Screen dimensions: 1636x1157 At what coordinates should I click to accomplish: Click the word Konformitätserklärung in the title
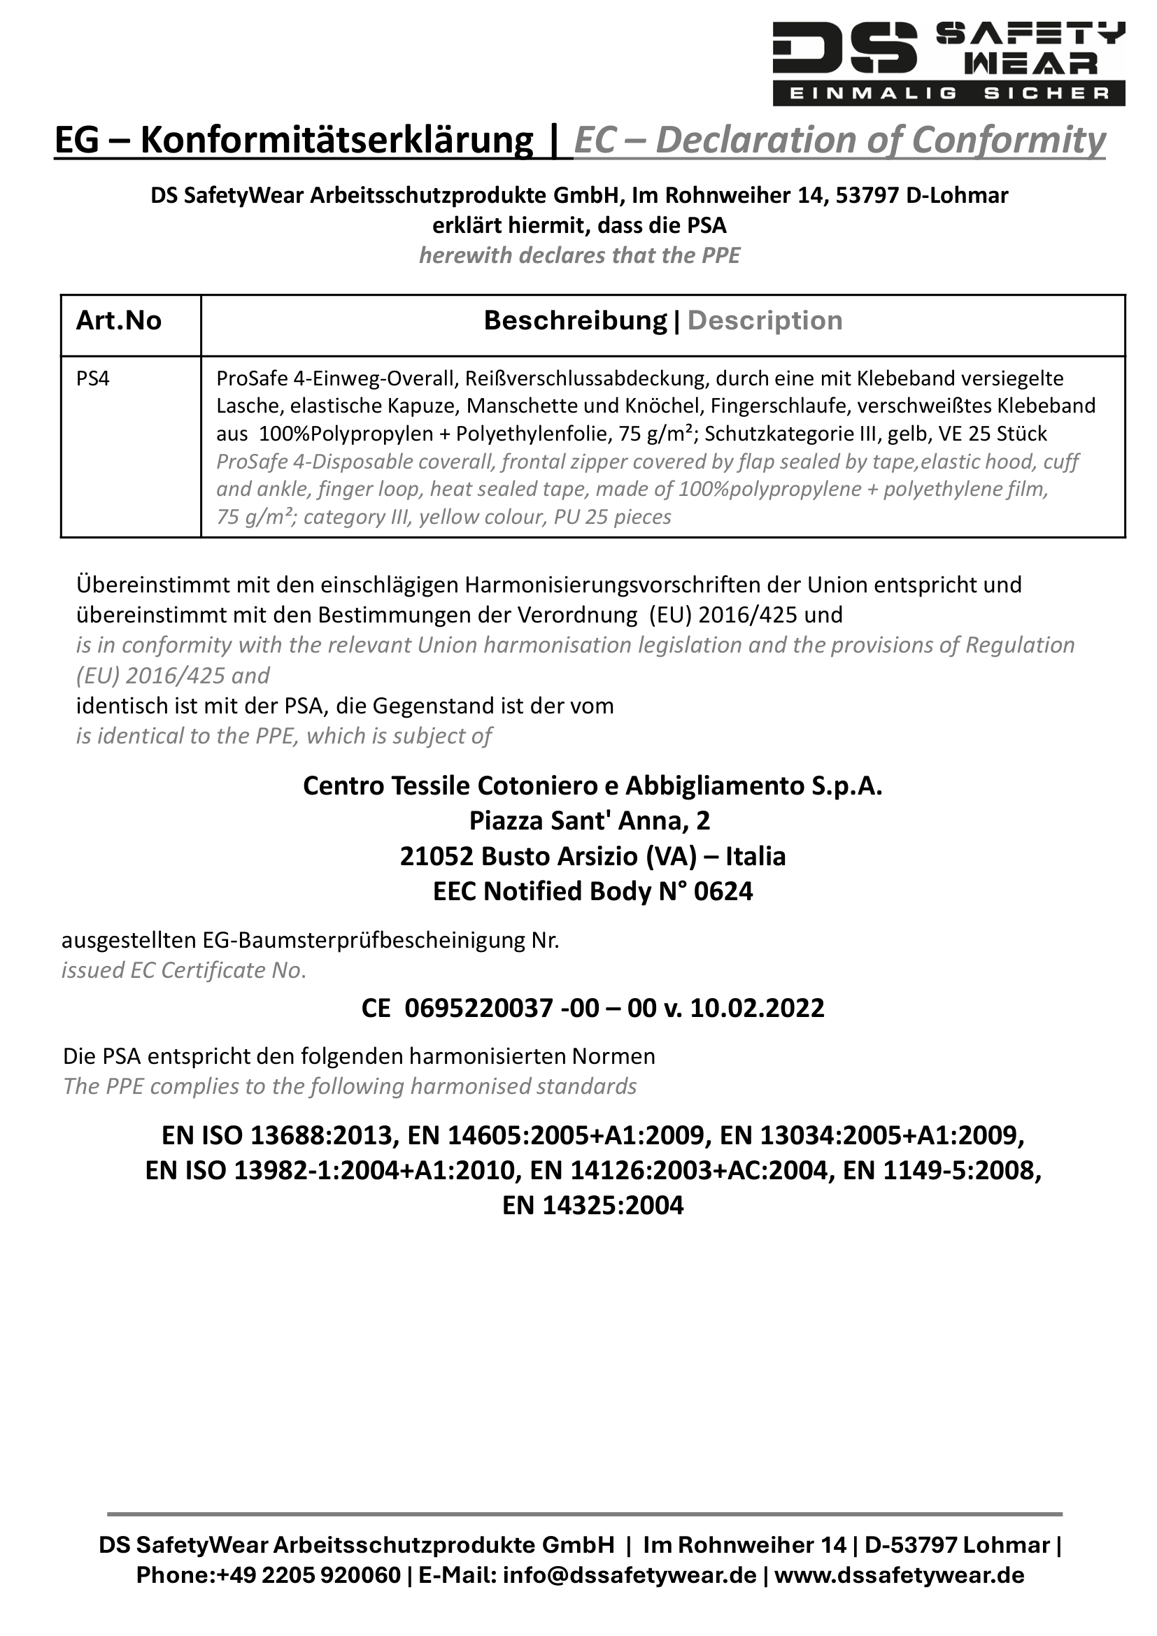(x=336, y=140)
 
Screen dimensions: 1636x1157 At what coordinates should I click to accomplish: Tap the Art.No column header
(x=119, y=321)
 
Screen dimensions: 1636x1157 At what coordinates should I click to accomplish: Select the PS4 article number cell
(x=93, y=378)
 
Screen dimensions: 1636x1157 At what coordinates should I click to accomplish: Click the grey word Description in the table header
(x=765, y=321)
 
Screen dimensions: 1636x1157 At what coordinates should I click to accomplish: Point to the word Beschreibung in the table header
(x=575, y=321)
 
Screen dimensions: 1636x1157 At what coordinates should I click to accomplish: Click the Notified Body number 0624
(x=723, y=891)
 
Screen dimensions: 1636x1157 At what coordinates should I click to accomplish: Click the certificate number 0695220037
(x=478, y=1009)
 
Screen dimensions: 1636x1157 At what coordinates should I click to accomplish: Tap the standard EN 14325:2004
(x=592, y=1206)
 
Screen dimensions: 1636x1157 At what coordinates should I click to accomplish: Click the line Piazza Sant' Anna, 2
(x=589, y=822)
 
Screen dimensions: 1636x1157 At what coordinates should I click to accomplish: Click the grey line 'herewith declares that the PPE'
(x=579, y=256)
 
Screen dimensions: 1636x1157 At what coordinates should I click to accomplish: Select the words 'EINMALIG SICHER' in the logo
(x=949, y=93)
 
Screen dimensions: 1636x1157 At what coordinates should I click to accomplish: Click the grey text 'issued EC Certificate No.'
(x=184, y=971)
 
